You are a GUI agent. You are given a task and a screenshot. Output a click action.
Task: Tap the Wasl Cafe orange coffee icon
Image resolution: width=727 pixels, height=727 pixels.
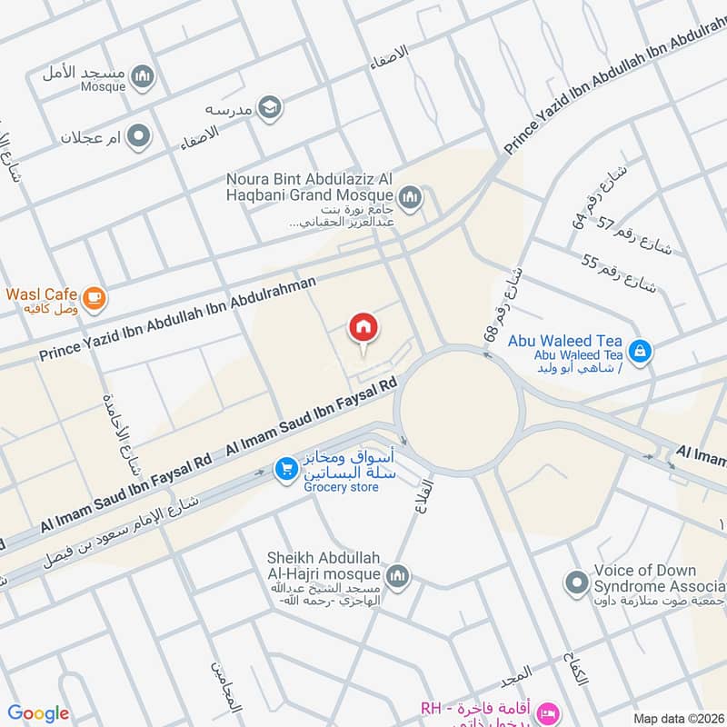[93, 297]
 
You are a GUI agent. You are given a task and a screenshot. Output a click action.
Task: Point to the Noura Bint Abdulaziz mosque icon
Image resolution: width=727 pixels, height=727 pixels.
[411, 196]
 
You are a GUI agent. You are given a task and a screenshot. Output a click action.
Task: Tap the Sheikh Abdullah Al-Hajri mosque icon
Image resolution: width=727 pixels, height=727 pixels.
[397, 576]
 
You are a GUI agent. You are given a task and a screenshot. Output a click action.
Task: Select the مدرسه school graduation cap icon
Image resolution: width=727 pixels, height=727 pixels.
[269, 109]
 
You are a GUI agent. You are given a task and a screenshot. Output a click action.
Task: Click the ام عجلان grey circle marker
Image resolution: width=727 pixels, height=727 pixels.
[138, 137]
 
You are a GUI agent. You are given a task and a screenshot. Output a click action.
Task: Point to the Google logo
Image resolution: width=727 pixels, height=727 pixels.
[38, 713]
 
